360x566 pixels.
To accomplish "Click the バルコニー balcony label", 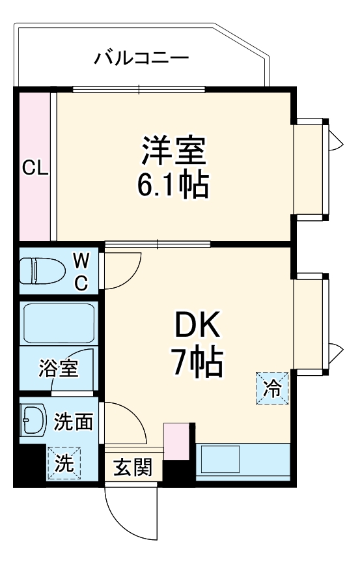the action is (x=141, y=58).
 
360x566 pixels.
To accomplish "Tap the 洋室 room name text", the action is (x=174, y=151).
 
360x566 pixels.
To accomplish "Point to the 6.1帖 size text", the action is (x=173, y=184).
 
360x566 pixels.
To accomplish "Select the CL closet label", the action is (x=35, y=167).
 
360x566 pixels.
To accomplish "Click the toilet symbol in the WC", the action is (x=42, y=270).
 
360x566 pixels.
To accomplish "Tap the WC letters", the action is (x=81, y=271).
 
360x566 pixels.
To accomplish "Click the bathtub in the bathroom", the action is (x=59, y=324).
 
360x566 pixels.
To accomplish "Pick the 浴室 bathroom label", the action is (x=59, y=367).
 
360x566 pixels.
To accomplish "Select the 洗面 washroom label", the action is (x=74, y=421).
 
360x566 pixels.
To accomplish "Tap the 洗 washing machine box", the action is (x=64, y=463).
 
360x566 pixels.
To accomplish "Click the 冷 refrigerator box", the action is (x=272, y=388).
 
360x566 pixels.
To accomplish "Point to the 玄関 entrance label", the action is (x=133, y=467).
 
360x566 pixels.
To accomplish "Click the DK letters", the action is (x=197, y=324).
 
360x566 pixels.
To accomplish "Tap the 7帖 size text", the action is (x=198, y=361).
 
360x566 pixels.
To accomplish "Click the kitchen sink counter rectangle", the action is (x=243, y=462).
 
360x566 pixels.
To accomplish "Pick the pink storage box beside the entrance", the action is (x=177, y=441).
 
